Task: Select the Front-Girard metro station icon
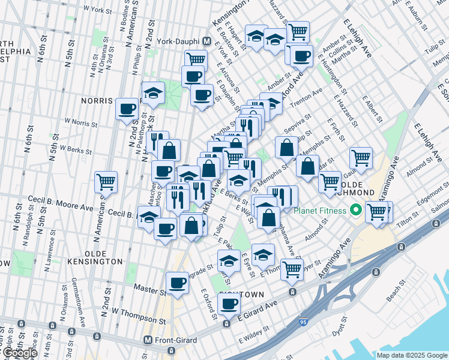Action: click(x=147, y=340)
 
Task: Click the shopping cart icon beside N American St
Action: click(x=106, y=181)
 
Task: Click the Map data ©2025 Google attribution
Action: click(x=411, y=355)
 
